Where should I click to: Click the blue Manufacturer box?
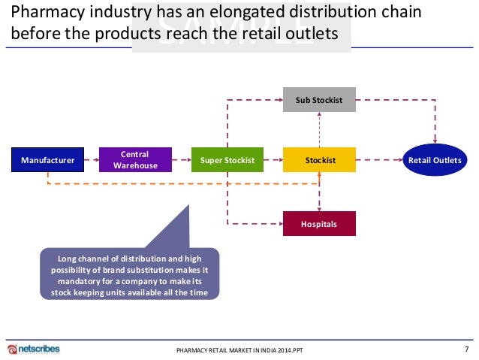coord(47,160)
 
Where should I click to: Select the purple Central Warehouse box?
coord(136,160)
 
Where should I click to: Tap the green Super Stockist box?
coord(227,160)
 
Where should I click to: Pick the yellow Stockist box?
coord(320,160)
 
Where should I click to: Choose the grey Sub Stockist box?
coord(320,99)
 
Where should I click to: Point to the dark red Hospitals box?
coord(319,224)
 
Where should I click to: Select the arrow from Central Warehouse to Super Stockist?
coord(181,160)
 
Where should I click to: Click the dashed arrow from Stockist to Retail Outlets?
coord(379,160)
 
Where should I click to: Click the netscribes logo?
coord(34,349)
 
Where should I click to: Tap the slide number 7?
coord(466,349)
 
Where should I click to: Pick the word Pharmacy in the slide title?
coord(44,14)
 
